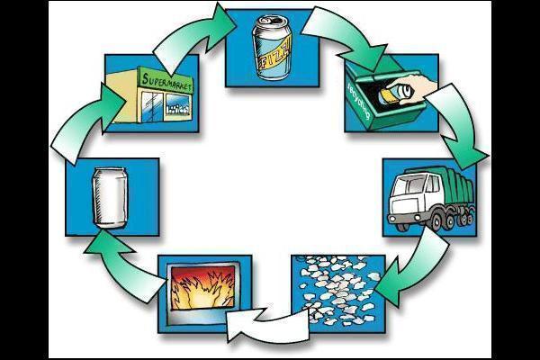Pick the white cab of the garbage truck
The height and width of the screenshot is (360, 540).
(412, 197)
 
